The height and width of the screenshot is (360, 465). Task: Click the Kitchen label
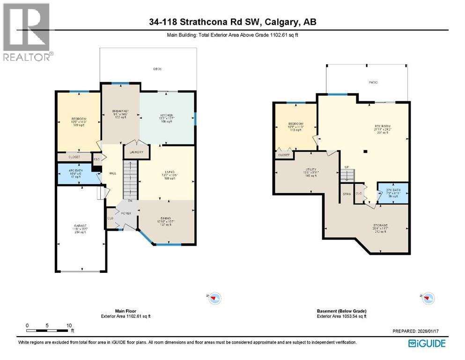[x=167, y=115]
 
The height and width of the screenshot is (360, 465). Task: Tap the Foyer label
[x=126, y=213]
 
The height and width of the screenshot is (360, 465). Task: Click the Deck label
[x=157, y=69]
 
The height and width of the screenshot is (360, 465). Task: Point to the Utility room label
[x=310, y=169]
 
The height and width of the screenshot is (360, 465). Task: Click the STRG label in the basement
[x=347, y=193]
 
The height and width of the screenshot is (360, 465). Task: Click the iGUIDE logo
[x=427, y=343]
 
